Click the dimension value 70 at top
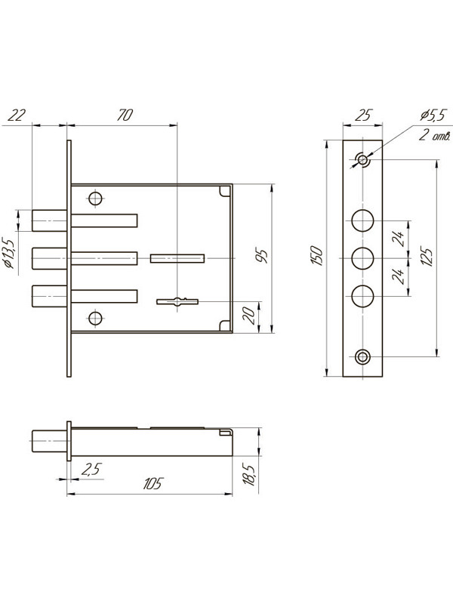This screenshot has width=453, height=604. pyautogui.click(x=125, y=116)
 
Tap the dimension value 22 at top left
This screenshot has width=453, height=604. pyautogui.click(x=17, y=116)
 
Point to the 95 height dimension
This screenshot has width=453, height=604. pyautogui.click(x=261, y=256)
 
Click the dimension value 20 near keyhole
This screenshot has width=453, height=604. pyautogui.click(x=250, y=316)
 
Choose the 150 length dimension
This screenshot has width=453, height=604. pyautogui.click(x=316, y=255)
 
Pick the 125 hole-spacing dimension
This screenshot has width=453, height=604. pyautogui.click(x=427, y=255)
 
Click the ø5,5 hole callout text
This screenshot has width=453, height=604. pyautogui.click(x=433, y=116)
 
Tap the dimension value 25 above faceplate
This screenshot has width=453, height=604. pyautogui.click(x=363, y=116)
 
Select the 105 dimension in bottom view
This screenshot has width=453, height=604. pyautogui.click(x=153, y=483)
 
